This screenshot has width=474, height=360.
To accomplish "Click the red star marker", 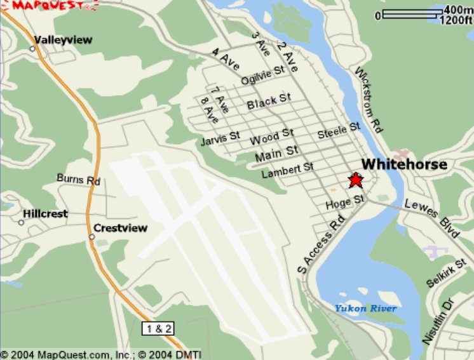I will [355, 180].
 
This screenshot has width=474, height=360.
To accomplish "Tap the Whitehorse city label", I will [404, 164].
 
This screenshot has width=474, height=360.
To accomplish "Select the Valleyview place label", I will [63, 40].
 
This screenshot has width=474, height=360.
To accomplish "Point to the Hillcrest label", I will [45, 214].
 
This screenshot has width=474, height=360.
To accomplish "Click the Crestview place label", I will [120, 228].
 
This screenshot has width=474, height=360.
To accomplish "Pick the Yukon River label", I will [366, 309].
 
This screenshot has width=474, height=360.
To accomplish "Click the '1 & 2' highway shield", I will [158, 328].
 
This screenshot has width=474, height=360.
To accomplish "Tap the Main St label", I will [276, 152].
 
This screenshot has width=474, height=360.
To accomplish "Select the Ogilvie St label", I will [262, 75].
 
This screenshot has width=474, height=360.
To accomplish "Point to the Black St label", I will [269, 100].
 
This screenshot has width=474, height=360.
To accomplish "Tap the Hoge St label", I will [344, 203].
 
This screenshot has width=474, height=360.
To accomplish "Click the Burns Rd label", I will [79, 180].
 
